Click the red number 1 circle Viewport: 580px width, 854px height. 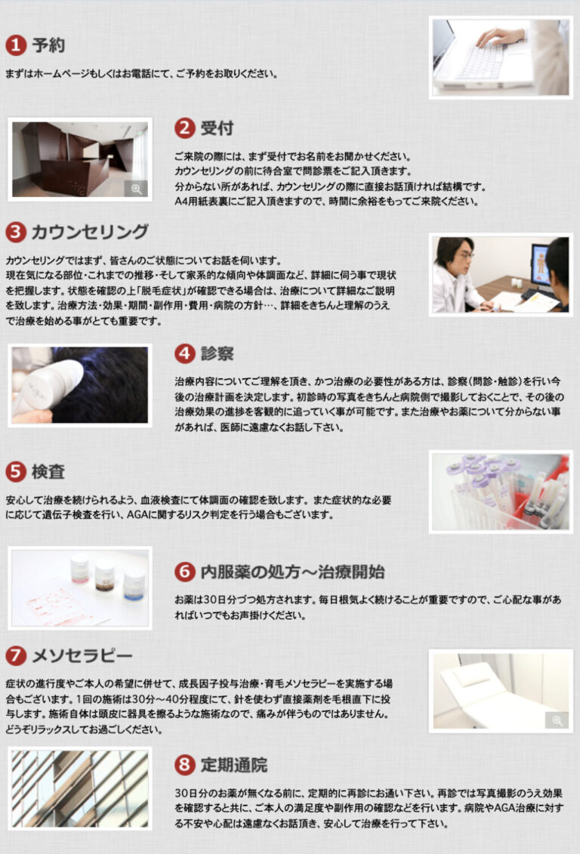(x=16, y=45)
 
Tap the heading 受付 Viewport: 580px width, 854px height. (x=217, y=128)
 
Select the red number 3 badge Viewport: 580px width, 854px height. (x=16, y=232)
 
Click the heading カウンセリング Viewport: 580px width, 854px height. (x=90, y=232)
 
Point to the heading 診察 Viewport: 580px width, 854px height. (x=217, y=353)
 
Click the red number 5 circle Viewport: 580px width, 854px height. (x=16, y=472)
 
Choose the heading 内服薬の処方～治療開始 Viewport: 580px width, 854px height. (x=292, y=572)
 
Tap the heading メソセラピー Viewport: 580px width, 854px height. (x=82, y=655)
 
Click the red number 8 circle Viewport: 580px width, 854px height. (x=185, y=765)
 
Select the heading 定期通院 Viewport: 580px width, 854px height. (x=233, y=765)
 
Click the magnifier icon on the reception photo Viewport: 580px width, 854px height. (x=136, y=189)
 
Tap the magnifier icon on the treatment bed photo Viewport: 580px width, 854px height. (x=557, y=720)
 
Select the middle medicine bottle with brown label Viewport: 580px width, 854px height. (x=104, y=578)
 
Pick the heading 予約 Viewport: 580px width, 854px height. (x=48, y=45)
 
